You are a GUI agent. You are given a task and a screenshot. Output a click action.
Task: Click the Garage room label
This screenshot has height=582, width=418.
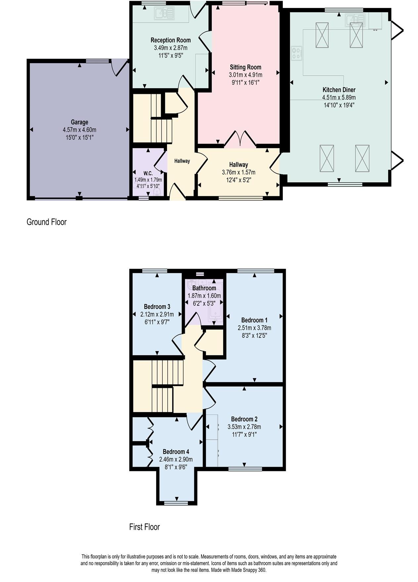tap(79, 122)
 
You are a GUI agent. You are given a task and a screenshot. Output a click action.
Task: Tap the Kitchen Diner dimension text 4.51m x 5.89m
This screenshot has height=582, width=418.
tap(339, 97)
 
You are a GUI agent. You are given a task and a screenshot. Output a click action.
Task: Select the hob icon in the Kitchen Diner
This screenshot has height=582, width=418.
tap(296, 53)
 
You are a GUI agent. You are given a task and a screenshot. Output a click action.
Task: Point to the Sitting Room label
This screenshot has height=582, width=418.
tap(245, 67)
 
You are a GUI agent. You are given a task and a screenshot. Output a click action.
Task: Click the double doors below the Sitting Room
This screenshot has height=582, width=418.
tap(240, 139)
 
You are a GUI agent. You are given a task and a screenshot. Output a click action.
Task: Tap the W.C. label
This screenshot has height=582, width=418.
tap(148, 174)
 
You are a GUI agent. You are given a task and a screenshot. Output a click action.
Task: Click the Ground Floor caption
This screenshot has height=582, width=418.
tap(46, 222)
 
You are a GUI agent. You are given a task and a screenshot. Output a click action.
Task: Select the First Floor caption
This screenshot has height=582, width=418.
tap(144, 527)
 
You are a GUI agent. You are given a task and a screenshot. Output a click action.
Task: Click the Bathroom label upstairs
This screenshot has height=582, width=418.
tap(204, 288)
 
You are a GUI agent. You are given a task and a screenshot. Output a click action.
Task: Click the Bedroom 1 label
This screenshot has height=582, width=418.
tap(254, 320)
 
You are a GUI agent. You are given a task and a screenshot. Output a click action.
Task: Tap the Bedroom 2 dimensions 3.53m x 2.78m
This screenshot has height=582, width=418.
tap(244, 427)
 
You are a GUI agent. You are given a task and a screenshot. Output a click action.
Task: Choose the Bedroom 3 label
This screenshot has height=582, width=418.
tap(157, 307)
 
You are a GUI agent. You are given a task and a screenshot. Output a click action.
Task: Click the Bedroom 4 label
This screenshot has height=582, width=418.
tap(176, 452)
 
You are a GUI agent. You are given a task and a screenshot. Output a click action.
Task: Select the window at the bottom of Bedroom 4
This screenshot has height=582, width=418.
tap(177, 503)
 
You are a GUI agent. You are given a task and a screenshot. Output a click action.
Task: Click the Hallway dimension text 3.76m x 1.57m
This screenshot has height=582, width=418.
tap(238, 173)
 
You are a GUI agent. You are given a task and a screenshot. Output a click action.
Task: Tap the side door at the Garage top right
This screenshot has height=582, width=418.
tap(119, 68)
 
